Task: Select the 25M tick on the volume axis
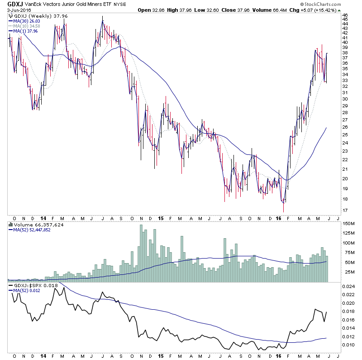[x=348, y=272]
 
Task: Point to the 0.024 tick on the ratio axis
[x=348, y=286]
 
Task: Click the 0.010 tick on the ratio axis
[x=348, y=345]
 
